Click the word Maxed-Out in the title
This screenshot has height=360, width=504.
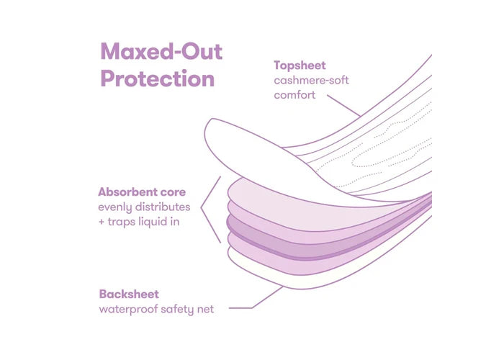pyautogui.click(x=161, y=51)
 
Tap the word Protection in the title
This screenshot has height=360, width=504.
pyautogui.click(x=158, y=78)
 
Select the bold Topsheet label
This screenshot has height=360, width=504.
pyautogui.click(x=300, y=66)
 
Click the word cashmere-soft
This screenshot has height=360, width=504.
pyautogui.click(x=311, y=81)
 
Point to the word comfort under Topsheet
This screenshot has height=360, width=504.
pyautogui.click(x=294, y=95)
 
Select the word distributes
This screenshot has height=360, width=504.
pyautogui.click(x=163, y=207)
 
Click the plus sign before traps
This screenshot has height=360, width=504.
pyautogui.click(x=102, y=222)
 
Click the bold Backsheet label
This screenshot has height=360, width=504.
pyautogui.click(x=129, y=294)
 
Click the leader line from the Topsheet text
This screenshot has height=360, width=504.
pyautogui.click(x=343, y=105)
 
